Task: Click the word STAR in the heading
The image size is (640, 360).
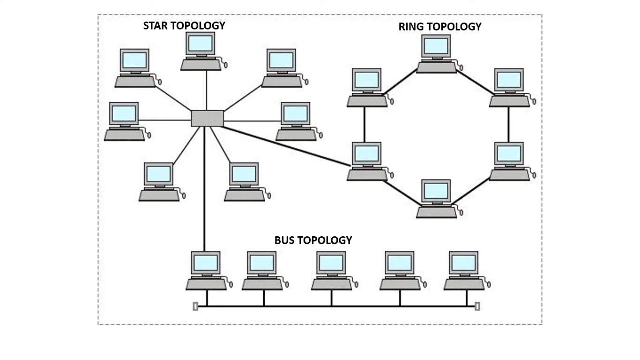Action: pyautogui.click(x=156, y=26)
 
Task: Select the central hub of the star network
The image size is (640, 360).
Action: pyautogui.click(x=207, y=118)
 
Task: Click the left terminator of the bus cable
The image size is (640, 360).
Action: pyautogui.click(x=195, y=307)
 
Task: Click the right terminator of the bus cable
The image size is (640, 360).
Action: pyautogui.click(x=477, y=307)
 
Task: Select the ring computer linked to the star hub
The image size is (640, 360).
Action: pyautogui.click(x=367, y=161)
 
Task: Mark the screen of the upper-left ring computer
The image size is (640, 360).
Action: pyautogui.click(x=367, y=80)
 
